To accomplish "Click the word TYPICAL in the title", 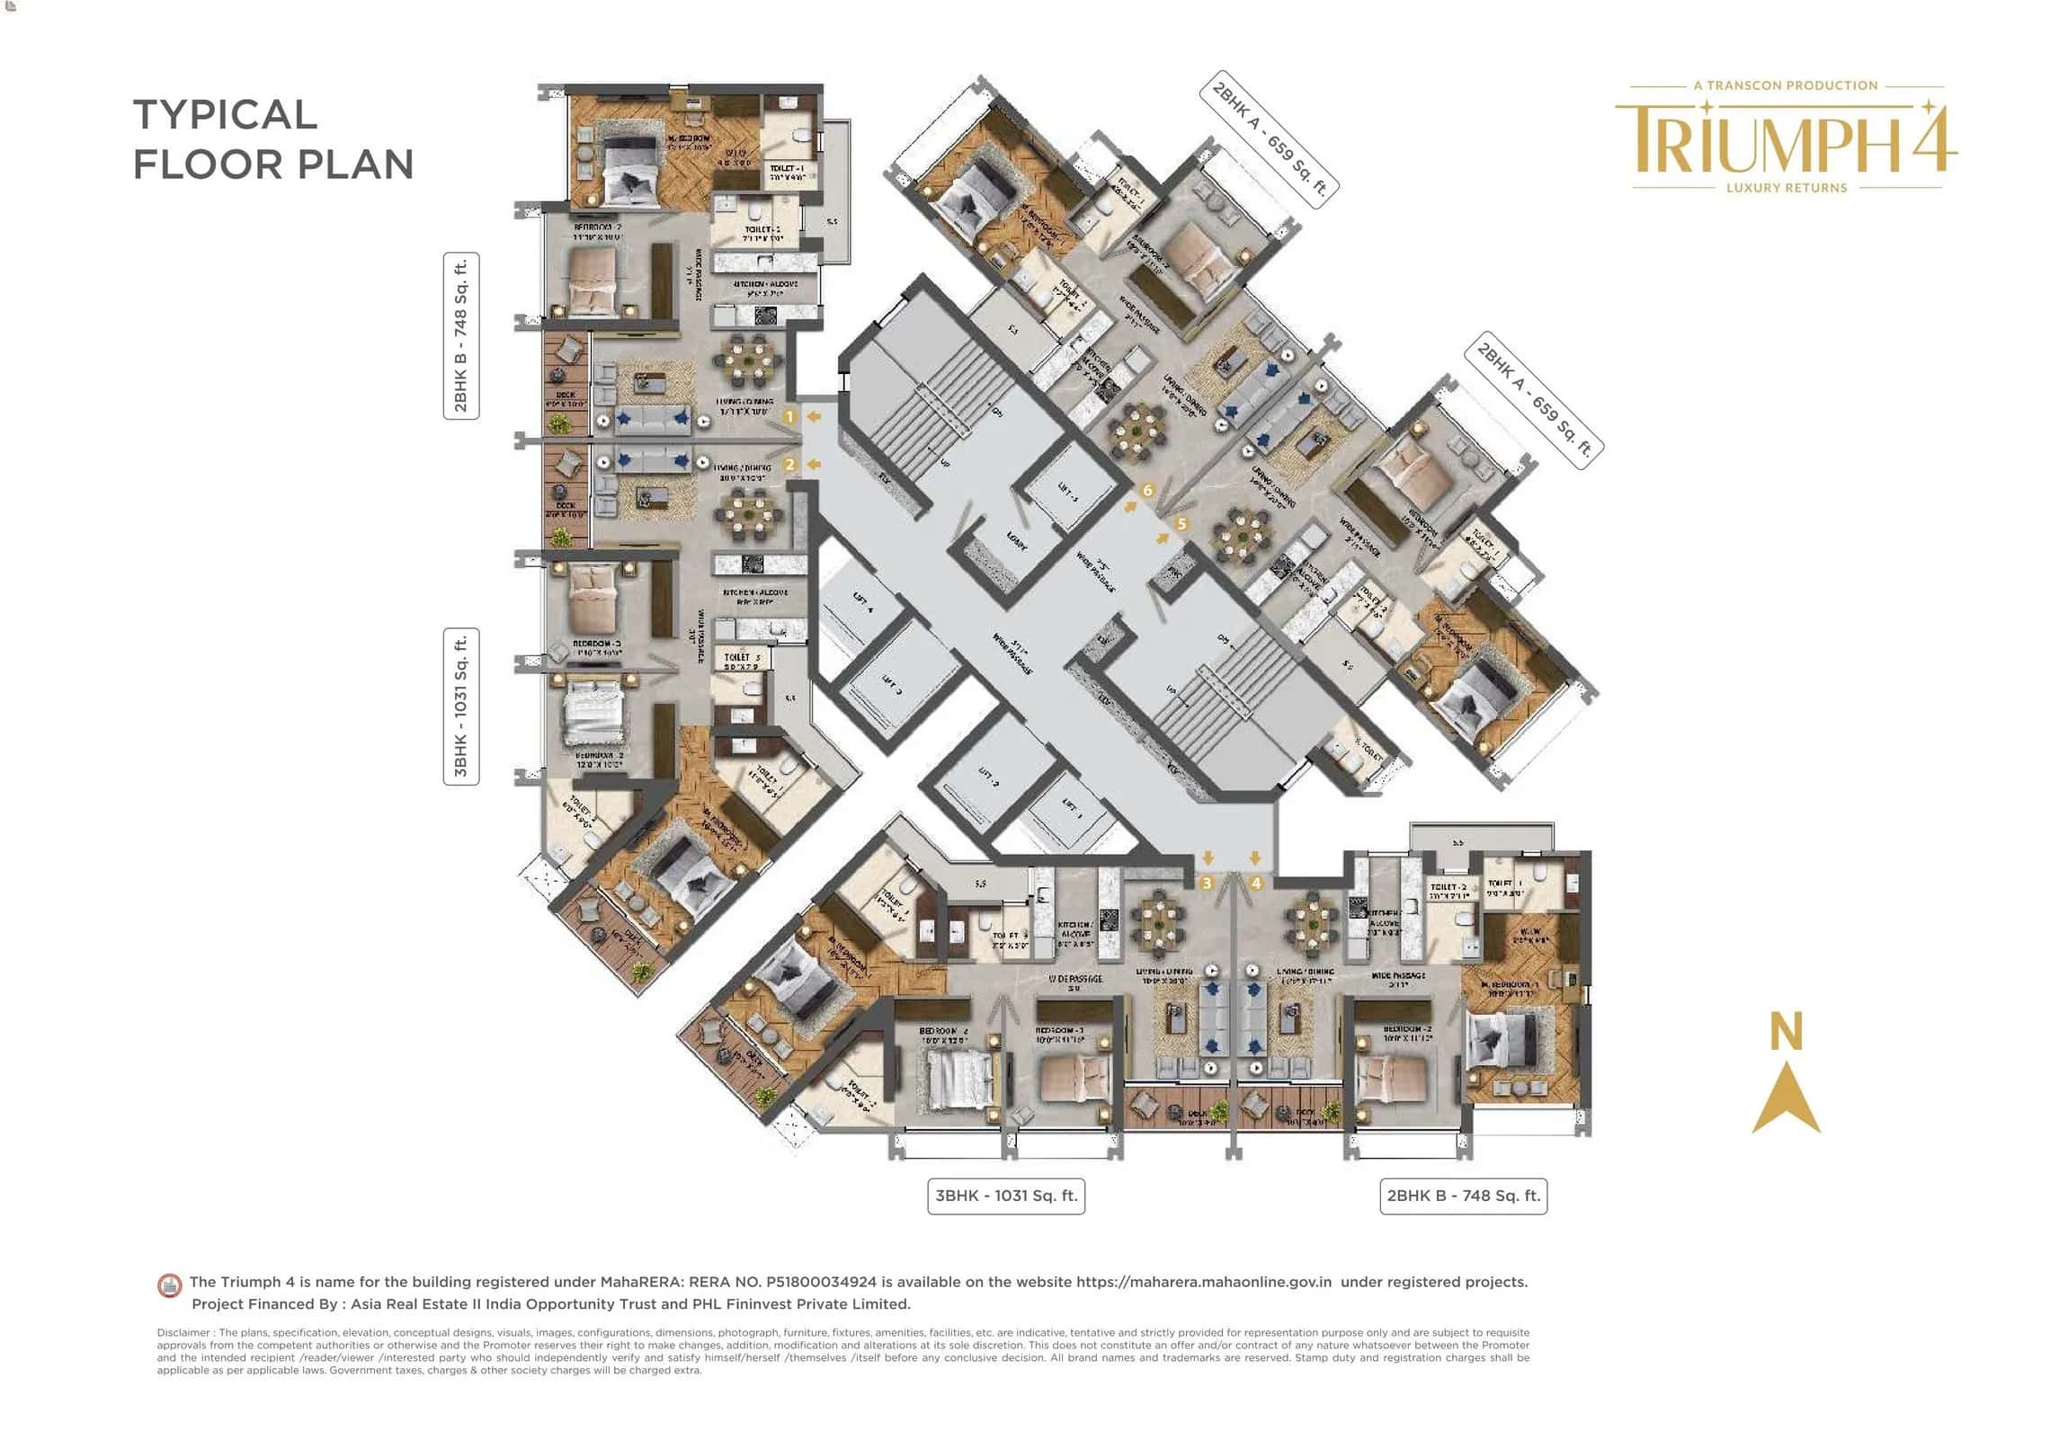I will (x=225, y=115).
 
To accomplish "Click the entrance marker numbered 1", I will (x=789, y=417).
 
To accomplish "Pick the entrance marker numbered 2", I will (x=789, y=465).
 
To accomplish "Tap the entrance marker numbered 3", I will (x=1207, y=884).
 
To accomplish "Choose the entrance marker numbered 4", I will (x=1255, y=884).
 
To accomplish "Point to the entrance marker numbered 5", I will (x=1181, y=523).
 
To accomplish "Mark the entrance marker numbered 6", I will (x=1146, y=491).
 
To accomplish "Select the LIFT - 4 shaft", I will (x=862, y=603).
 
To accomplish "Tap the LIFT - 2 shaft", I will (x=987, y=778).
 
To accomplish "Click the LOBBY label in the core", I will (x=1016, y=541).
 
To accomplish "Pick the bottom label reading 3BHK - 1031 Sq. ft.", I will (x=1005, y=1196).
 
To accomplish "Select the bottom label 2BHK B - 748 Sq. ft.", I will (x=1463, y=1196).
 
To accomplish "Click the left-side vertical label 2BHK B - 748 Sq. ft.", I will (x=461, y=336).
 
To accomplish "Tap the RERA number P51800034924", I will (x=821, y=1282).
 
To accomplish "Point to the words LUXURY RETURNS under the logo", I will (x=1786, y=188).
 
